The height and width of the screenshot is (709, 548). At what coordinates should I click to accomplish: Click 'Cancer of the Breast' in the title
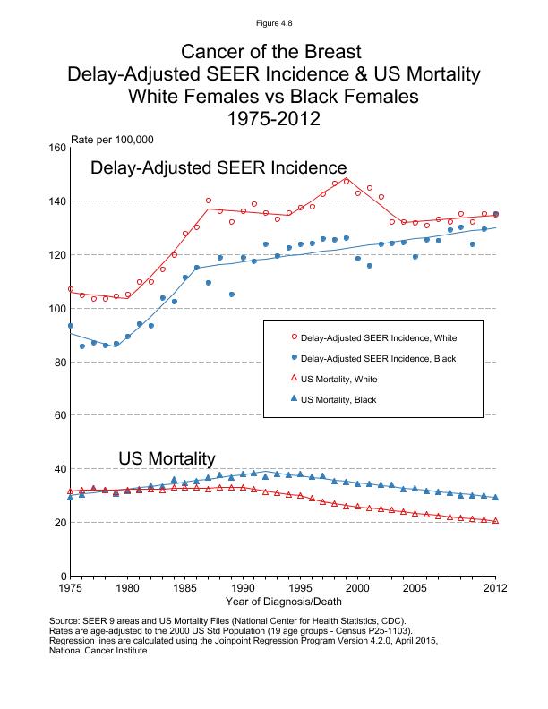[x=273, y=51]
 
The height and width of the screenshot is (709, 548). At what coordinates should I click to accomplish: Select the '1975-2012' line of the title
[x=273, y=118]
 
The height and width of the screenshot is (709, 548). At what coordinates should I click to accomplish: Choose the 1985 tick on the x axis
[x=185, y=588]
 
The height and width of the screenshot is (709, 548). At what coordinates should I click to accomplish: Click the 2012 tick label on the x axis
[x=495, y=588]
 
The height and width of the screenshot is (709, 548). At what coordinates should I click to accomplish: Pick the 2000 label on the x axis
[x=358, y=588]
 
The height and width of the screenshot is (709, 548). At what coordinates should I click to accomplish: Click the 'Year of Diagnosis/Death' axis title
[x=282, y=604]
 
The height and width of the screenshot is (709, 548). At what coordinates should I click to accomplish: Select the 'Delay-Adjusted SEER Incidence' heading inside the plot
[x=218, y=168]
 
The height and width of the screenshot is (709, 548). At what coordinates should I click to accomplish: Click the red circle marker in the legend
[x=295, y=338]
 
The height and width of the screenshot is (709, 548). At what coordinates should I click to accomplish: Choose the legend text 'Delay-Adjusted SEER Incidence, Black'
[x=379, y=359]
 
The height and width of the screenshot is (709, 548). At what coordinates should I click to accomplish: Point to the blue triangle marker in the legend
[x=295, y=399]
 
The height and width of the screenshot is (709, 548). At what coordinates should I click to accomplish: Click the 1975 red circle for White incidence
[x=70, y=289]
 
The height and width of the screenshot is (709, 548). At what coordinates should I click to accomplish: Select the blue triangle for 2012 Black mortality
[x=495, y=497]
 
